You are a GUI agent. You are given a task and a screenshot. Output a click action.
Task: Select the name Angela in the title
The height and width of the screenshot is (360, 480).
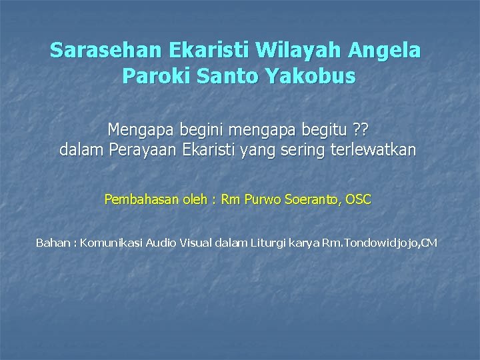coord(386,51)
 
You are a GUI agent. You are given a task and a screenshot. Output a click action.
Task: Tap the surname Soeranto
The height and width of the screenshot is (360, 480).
coord(311,199)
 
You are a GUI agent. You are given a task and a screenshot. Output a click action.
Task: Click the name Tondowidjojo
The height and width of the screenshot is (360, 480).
coord(376,243)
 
